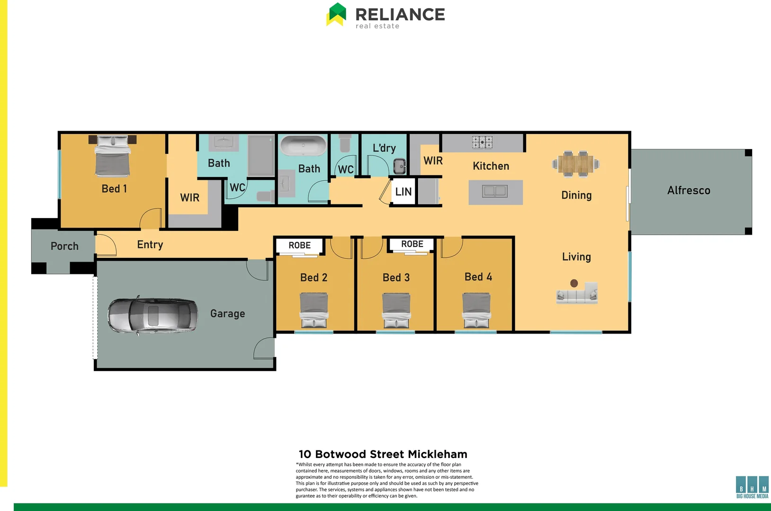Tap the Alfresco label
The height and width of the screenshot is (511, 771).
(x=689, y=191)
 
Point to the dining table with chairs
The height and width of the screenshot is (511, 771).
(x=575, y=164)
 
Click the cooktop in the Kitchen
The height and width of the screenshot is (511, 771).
(x=482, y=141)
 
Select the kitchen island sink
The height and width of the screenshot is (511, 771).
(x=495, y=191)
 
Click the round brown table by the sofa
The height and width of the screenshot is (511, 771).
(x=574, y=283)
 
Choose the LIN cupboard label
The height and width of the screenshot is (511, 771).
(x=403, y=192)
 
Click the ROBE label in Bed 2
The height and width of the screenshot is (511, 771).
(x=300, y=246)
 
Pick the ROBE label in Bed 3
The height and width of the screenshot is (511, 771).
(x=412, y=244)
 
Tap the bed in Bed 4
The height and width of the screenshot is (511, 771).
(x=476, y=310)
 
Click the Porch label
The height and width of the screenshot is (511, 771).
(x=64, y=247)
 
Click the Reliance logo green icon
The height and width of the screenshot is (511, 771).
(x=336, y=14)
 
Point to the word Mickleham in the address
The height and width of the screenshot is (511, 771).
(x=437, y=455)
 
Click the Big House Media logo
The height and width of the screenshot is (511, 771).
(x=752, y=487)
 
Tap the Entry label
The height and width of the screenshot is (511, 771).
(x=150, y=245)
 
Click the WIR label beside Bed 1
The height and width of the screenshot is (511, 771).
(x=189, y=198)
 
